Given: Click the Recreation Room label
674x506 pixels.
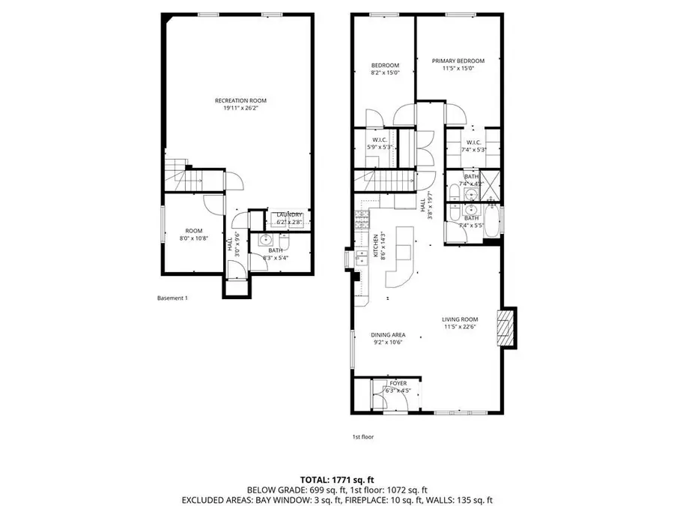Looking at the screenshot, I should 240,100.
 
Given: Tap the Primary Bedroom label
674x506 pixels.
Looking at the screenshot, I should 458,61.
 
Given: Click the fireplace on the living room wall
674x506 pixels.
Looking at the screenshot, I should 508,328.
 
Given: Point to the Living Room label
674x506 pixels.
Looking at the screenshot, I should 459,319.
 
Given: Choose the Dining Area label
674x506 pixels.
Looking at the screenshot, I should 388,335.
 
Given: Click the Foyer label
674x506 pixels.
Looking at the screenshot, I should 398,383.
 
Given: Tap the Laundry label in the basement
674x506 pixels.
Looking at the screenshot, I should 288,215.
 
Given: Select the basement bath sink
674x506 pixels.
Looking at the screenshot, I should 266,241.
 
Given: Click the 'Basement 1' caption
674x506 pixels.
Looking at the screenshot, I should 172,298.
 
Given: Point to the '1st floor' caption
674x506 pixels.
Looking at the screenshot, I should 362,436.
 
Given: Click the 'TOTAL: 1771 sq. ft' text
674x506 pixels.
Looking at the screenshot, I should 337,478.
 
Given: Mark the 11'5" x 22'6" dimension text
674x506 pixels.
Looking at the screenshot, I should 459,327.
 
